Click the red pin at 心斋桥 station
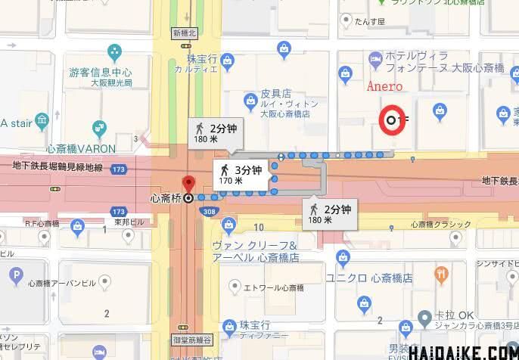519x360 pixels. tap(188, 183)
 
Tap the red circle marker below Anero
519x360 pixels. tap(391, 119)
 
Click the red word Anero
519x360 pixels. tap(384, 85)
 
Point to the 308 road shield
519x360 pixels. tap(210, 212)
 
